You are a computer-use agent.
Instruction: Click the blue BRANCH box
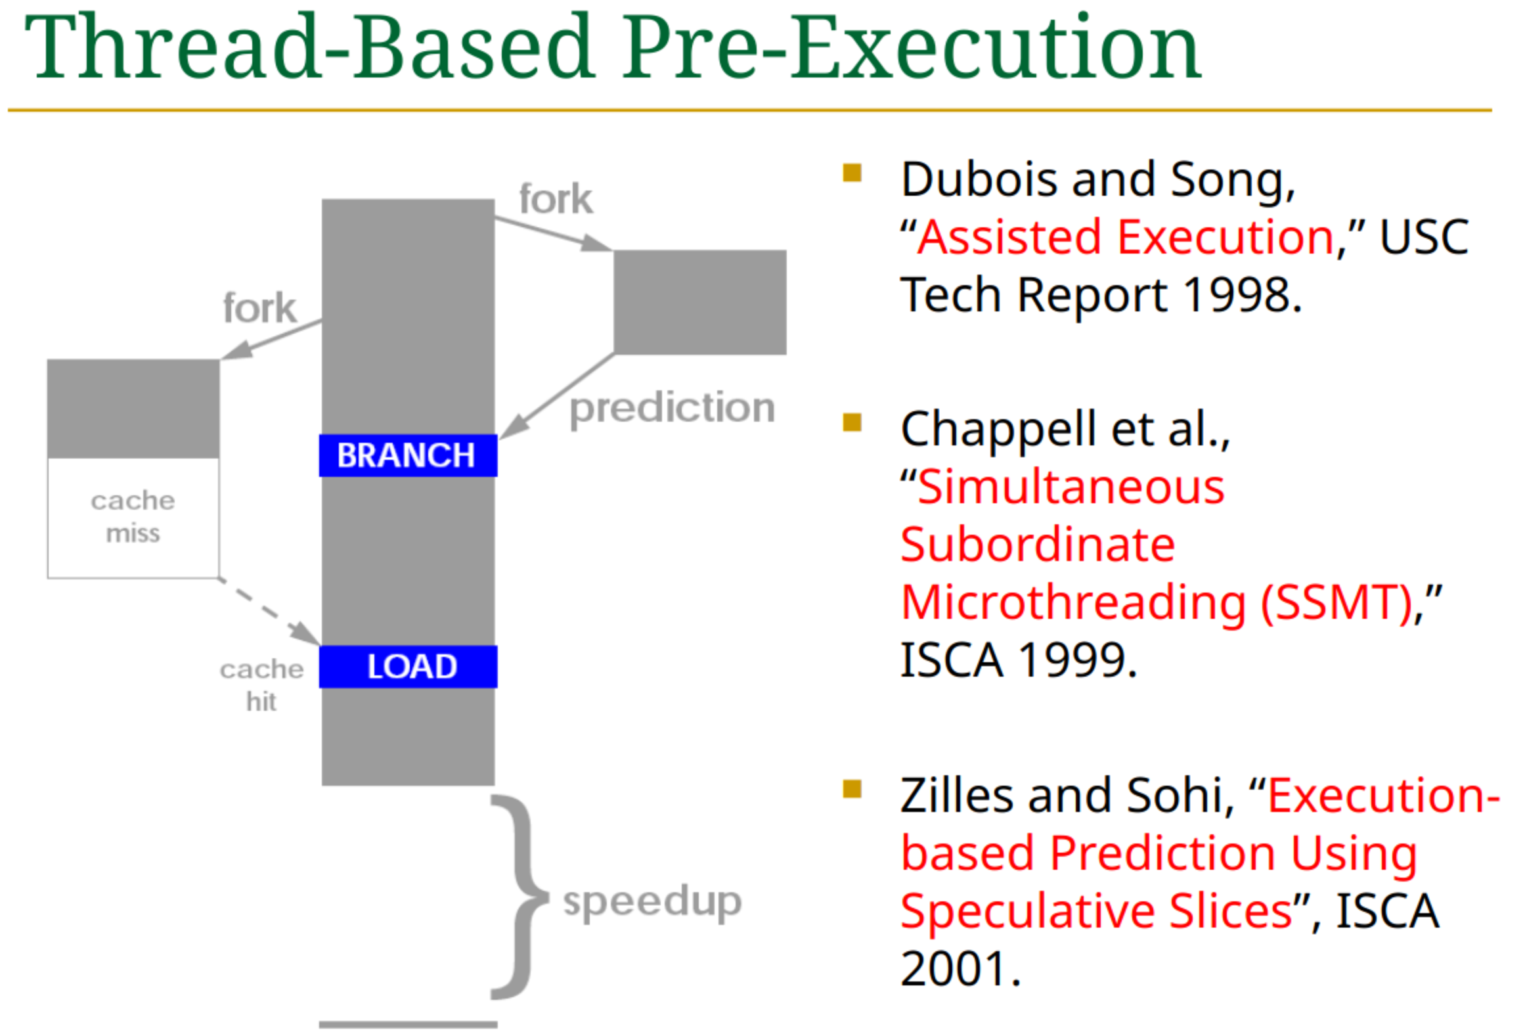click(x=408, y=455)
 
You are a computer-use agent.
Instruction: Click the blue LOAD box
click(x=408, y=667)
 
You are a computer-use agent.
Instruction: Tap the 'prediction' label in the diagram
click(x=673, y=410)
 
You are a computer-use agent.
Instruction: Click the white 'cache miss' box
click(x=133, y=518)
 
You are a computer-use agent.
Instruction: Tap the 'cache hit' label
click(x=261, y=685)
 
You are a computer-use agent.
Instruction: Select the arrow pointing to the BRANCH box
click(x=558, y=395)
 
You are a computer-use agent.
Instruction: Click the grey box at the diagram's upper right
click(x=700, y=302)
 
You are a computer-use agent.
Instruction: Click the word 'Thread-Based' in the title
click(x=309, y=47)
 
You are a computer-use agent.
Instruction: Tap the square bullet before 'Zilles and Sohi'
click(x=852, y=789)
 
